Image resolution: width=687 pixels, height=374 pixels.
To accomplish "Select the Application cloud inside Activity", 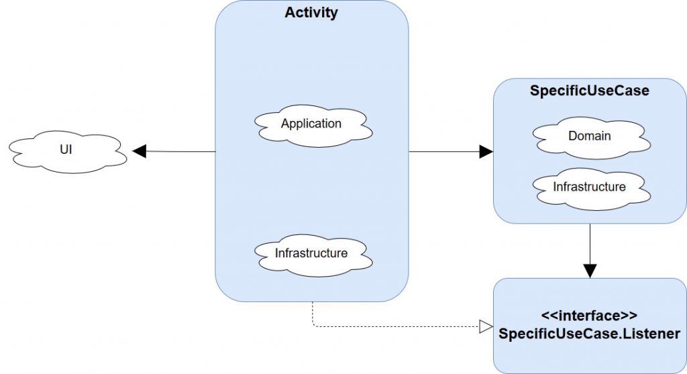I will (311, 125).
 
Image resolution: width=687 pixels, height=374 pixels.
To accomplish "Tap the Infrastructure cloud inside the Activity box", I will (311, 254).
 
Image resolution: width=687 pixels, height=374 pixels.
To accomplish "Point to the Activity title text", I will (311, 13).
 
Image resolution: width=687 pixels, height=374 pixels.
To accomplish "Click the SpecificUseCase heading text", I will (590, 91).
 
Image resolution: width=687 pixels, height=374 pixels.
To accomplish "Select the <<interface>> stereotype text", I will (589, 316).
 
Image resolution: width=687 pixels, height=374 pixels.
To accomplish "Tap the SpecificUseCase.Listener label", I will (590, 334).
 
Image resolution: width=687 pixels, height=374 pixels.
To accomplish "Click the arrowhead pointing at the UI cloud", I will (139, 152).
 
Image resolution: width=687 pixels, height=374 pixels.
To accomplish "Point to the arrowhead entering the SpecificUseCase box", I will (486, 152).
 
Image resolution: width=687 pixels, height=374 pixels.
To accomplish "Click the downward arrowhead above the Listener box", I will (590, 271).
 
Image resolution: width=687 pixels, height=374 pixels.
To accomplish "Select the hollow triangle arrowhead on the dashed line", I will (486, 327).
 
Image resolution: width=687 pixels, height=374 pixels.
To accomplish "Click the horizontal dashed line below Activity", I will (396, 327).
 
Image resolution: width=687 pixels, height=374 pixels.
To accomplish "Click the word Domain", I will (590, 136).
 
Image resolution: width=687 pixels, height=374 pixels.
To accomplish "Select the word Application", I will (311, 124).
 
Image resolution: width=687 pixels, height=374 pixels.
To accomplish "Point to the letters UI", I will (66, 151).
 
